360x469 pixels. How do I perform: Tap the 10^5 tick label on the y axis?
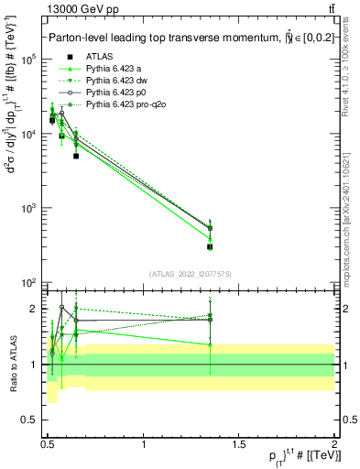point(27,60)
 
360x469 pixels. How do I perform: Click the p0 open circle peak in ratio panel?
point(61,308)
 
